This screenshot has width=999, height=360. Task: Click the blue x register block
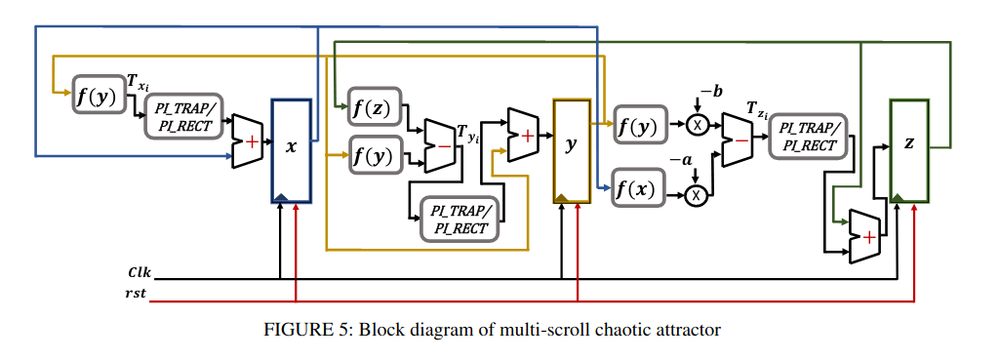point(291,150)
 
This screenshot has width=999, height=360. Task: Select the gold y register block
point(572,150)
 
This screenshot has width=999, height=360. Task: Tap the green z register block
point(909,150)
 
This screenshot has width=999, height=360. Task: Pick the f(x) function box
point(638,188)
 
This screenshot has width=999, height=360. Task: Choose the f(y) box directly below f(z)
point(375,155)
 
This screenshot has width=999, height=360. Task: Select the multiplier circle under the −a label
point(697,196)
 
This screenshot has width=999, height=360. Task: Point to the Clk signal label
point(139,273)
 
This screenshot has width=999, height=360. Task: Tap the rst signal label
point(137,296)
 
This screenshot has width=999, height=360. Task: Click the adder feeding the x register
point(247,141)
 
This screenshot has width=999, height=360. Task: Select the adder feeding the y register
point(523,135)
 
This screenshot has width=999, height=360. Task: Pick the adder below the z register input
point(864,236)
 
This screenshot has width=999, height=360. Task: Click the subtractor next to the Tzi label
point(737,140)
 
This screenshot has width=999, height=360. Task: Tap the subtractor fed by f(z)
point(439,145)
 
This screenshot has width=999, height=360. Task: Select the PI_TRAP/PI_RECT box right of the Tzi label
point(807,138)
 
